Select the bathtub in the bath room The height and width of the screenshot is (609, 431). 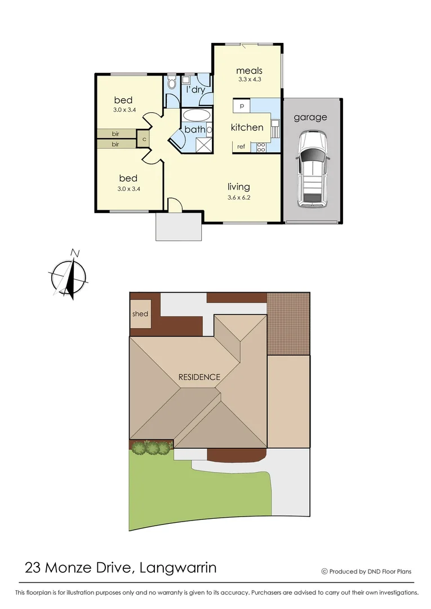pyautogui.click(x=196, y=116)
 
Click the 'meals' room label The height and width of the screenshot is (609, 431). pyautogui.click(x=249, y=70)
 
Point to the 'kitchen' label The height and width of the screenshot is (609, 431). pyautogui.click(x=247, y=127)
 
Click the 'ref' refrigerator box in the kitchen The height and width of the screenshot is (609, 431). pyautogui.click(x=241, y=147)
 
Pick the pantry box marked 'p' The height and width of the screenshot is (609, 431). pyautogui.click(x=241, y=105)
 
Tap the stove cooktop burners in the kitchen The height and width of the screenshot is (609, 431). pyautogui.click(x=261, y=147)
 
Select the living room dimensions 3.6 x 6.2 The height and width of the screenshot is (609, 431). pyautogui.click(x=238, y=197)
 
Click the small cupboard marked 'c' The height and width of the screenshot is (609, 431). pyautogui.click(x=144, y=138)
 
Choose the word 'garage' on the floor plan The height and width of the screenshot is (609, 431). pyautogui.click(x=310, y=117)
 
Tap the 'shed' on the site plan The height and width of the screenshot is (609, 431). pyautogui.click(x=140, y=314)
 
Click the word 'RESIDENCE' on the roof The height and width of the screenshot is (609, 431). pyautogui.click(x=199, y=377)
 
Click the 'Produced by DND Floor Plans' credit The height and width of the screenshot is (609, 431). pyautogui.click(x=366, y=571)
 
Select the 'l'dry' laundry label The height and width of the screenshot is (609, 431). pyautogui.click(x=195, y=90)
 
